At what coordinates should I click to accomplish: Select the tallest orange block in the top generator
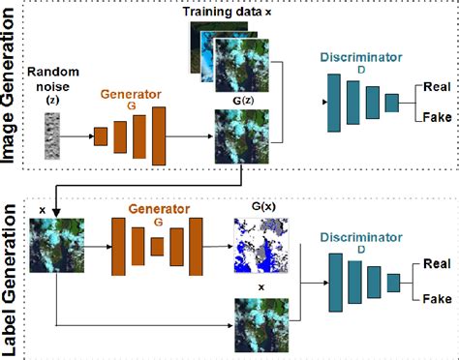(x=156, y=135)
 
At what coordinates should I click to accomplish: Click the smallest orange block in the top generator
(x=100, y=135)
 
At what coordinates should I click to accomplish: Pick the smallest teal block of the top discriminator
(x=390, y=102)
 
